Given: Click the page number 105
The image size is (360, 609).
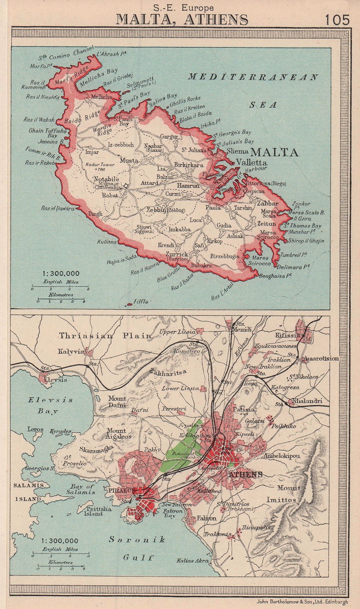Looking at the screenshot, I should click(337, 20).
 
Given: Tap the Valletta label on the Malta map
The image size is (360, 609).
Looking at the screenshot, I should click(251, 162).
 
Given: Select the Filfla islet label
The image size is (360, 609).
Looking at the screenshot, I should click(141, 301).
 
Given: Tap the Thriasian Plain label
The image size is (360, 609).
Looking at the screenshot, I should click(106, 335).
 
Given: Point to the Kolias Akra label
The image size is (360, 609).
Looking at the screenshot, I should click(191, 561).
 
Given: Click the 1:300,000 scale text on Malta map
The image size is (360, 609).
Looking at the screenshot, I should click(61, 274).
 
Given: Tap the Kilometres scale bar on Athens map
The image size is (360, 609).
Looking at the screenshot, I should click(61, 568).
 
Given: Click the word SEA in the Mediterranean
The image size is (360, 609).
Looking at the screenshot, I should click(263, 105).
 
